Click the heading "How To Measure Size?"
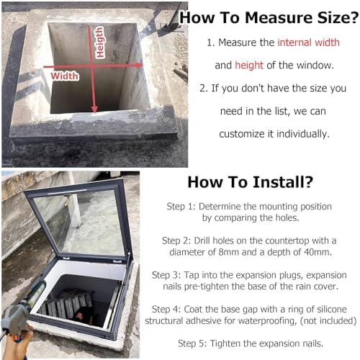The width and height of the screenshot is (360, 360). [268, 17]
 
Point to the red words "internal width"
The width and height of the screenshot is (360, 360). [309, 42]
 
